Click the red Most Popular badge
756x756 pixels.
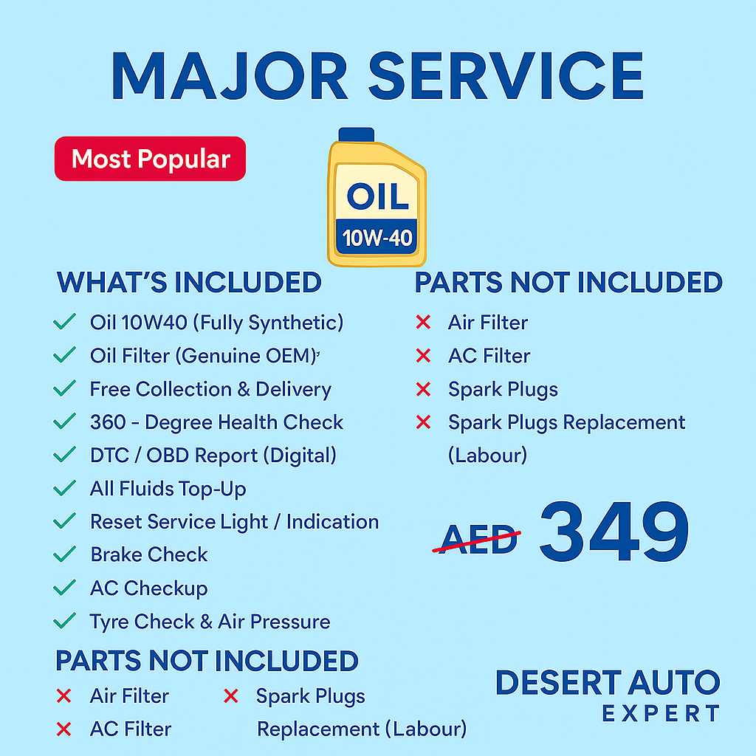tap(150, 159)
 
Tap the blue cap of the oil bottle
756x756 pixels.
tap(357, 134)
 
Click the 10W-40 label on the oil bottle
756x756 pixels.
tap(377, 237)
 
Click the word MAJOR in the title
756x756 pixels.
tap(230, 76)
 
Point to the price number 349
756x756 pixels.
tap(614, 531)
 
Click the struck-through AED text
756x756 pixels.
tap(478, 538)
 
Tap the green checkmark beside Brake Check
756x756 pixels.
tap(64, 554)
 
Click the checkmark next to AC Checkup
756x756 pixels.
tap(64, 587)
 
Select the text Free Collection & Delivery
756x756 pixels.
tap(210, 389)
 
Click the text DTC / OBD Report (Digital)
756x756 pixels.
tap(213, 455)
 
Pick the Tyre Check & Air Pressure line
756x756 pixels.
tap(210, 622)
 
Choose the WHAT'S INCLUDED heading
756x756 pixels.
tap(189, 282)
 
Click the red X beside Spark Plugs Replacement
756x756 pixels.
tap(423, 422)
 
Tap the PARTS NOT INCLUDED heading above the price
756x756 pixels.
tap(568, 282)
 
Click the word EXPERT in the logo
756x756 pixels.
tap(661, 714)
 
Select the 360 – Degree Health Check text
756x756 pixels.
tap(216, 422)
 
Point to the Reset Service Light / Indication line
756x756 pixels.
tap(234, 522)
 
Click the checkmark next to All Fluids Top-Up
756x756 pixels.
tap(64, 488)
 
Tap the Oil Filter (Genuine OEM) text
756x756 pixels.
tap(204, 356)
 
